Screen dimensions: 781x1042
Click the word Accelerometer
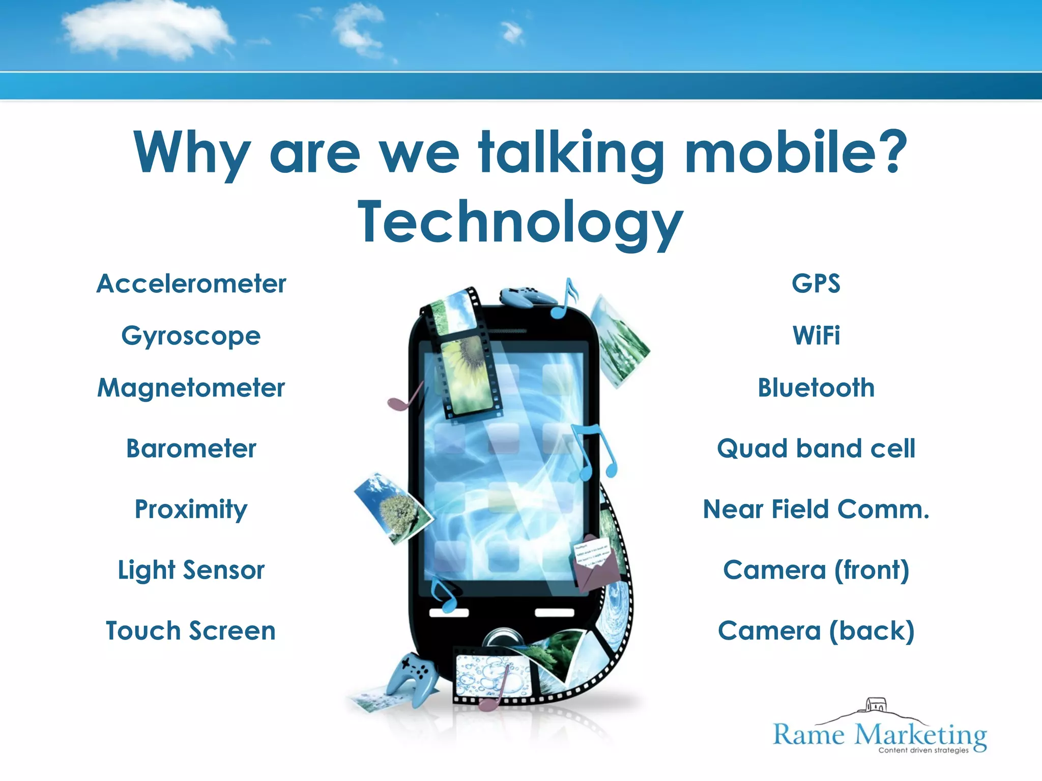click(x=191, y=284)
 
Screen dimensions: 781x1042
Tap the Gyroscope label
click(x=191, y=336)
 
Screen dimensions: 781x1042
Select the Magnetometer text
click(x=191, y=388)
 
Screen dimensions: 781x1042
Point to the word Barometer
click(x=191, y=448)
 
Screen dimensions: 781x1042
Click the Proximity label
click(x=191, y=509)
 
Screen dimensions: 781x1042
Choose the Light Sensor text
click(x=191, y=570)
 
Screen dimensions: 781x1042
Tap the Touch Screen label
click(x=191, y=631)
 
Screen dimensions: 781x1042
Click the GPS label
click(x=816, y=284)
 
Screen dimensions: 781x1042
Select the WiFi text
click(x=816, y=336)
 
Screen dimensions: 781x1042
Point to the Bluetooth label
click(x=816, y=388)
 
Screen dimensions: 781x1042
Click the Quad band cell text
click(x=816, y=448)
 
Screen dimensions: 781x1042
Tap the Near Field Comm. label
click(x=816, y=509)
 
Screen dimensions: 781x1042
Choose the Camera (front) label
click(x=816, y=570)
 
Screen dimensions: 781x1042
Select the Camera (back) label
click(x=816, y=631)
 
